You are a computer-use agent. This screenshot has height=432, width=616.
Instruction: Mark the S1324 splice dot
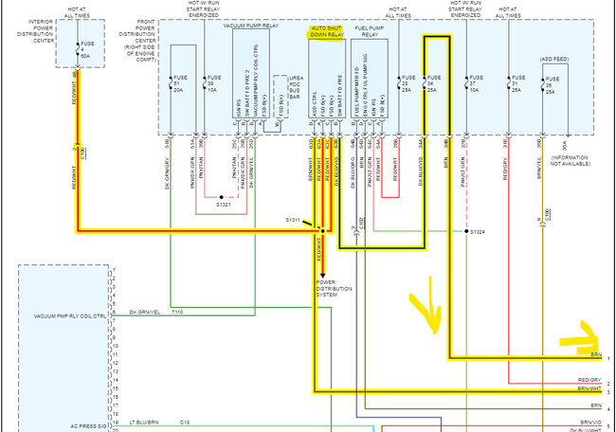[465, 231]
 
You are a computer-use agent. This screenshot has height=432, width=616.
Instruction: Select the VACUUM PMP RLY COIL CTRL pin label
[67, 315]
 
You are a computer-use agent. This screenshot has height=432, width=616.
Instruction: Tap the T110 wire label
[177, 312]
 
